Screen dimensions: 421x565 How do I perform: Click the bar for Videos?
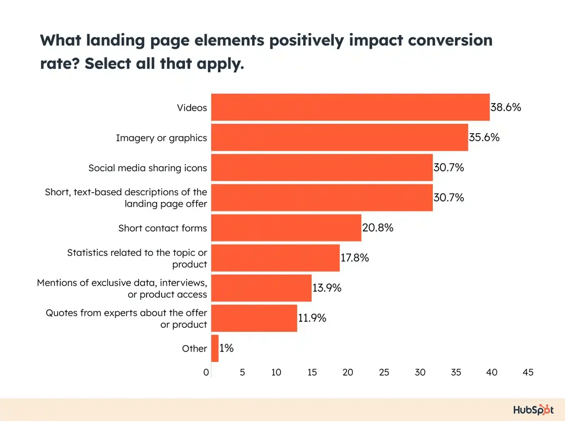[x=350, y=107]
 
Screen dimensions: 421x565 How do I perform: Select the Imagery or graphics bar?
[x=339, y=137]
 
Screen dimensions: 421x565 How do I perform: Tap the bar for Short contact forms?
[x=286, y=228]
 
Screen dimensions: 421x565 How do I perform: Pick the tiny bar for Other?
[x=214, y=348]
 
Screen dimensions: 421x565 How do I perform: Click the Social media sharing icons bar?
[x=322, y=167]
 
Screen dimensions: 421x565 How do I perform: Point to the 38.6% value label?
[x=506, y=107]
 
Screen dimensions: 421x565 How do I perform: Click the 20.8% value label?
[x=378, y=228]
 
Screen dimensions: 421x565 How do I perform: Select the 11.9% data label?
[x=312, y=318]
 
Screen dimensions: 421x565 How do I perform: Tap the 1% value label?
[x=227, y=348]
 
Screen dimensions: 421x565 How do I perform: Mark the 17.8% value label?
[x=355, y=258]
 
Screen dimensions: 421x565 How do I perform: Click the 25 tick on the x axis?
[x=384, y=373]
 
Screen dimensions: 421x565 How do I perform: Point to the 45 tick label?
[x=527, y=373]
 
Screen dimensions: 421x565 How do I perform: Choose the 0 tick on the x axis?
[x=207, y=373]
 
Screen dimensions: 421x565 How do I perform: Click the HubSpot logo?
[x=533, y=410]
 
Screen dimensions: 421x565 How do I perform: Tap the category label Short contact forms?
[x=162, y=228]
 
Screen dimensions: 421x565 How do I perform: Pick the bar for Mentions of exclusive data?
[x=261, y=288]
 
